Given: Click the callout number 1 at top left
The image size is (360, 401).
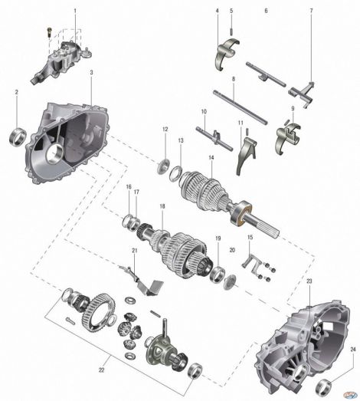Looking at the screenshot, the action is click(75, 11).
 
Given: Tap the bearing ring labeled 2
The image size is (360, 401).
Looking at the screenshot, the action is click(18, 136).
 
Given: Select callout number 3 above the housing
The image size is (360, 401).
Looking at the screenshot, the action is click(91, 72).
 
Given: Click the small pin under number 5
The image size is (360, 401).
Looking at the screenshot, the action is click(231, 31).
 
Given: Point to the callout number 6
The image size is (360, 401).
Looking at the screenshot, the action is click(267, 11).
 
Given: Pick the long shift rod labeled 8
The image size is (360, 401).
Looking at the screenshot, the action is click(241, 107).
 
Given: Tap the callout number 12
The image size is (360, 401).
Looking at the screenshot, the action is click(165, 129).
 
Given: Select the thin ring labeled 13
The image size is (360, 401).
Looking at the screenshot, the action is click(175, 174).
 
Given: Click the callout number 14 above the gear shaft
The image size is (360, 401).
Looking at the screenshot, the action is click(211, 157).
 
